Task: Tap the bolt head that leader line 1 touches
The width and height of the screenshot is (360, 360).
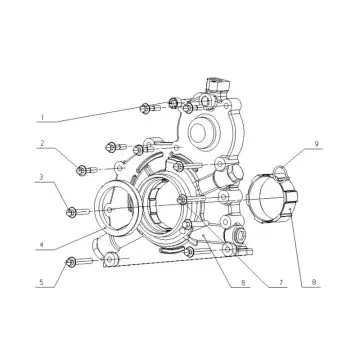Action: (x=147, y=106)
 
